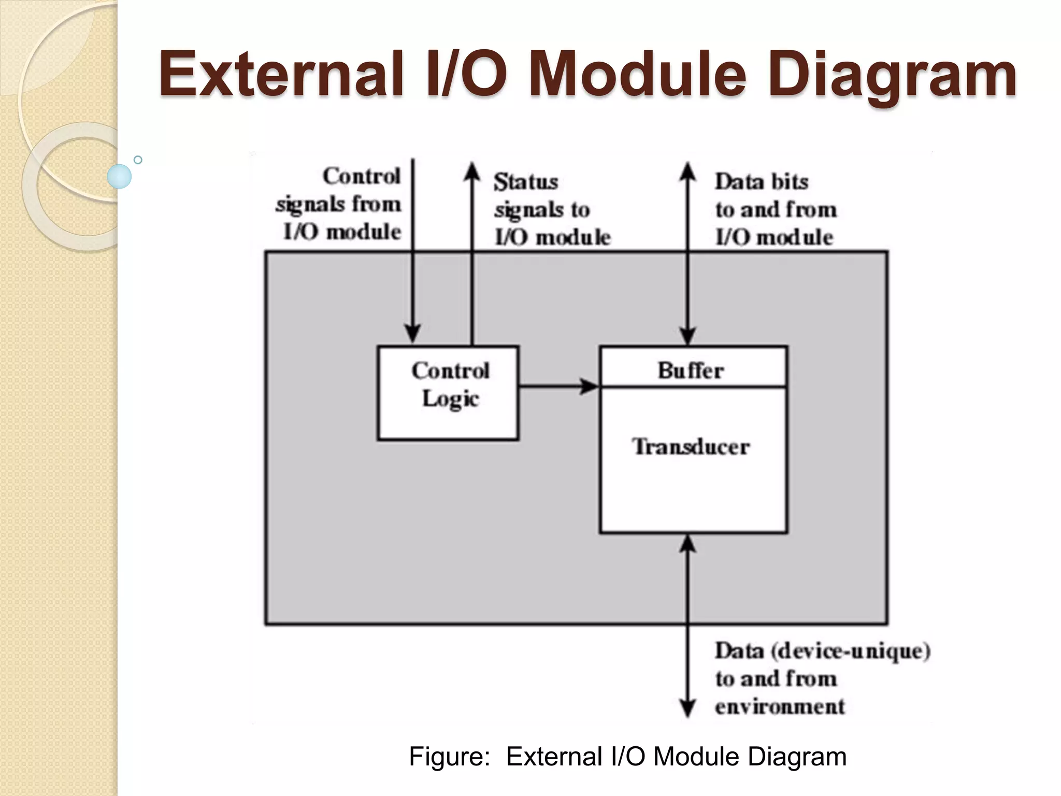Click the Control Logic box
pos(448,393)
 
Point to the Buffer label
pos(691,370)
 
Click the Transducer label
pos(691,447)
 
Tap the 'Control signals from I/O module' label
pos(339,204)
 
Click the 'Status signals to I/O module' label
pos(552,209)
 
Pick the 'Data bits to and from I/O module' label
pos(776,209)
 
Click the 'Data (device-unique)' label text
pos(822,651)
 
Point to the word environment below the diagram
pos(780,706)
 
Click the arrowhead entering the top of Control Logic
pos(412,333)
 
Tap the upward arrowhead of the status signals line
pos(472,171)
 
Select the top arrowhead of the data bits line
pos(687,171)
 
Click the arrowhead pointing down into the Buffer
pos(687,336)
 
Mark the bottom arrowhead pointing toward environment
pos(687,708)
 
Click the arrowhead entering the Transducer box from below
pos(687,544)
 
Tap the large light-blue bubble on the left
pos(119,176)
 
